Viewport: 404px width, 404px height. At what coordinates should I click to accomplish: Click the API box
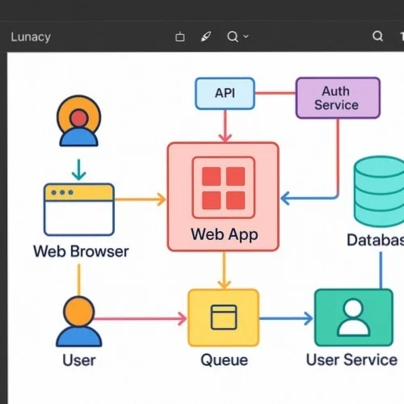click(225, 93)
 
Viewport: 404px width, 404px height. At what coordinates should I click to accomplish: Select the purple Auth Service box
click(337, 98)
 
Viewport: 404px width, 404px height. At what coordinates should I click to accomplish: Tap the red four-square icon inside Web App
click(223, 187)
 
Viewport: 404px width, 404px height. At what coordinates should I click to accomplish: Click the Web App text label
click(223, 235)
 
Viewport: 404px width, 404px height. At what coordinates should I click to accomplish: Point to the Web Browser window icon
click(78, 209)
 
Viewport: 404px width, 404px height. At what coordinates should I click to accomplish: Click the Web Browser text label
click(81, 251)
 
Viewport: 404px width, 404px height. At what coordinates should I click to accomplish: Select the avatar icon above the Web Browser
click(78, 122)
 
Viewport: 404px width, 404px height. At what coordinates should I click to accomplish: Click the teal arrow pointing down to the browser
click(78, 169)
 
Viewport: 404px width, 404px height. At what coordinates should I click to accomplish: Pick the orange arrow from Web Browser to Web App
click(139, 199)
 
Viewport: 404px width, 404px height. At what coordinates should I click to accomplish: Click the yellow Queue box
click(223, 318)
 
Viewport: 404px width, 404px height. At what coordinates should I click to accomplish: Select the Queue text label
click(224, 360)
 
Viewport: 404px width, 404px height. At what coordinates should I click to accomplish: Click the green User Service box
click(352, 318)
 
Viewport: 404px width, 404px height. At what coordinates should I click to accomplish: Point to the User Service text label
click(351, 360)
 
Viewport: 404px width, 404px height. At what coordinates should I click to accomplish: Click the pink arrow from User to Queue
click(141, 319)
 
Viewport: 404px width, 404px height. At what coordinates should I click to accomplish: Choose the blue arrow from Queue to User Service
click(286, 318)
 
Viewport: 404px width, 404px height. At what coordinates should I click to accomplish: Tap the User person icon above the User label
click(78, 321)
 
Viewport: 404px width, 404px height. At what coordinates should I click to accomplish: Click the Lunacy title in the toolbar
click(31, 36)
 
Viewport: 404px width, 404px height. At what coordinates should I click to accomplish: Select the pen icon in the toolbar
click(205, 36)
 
